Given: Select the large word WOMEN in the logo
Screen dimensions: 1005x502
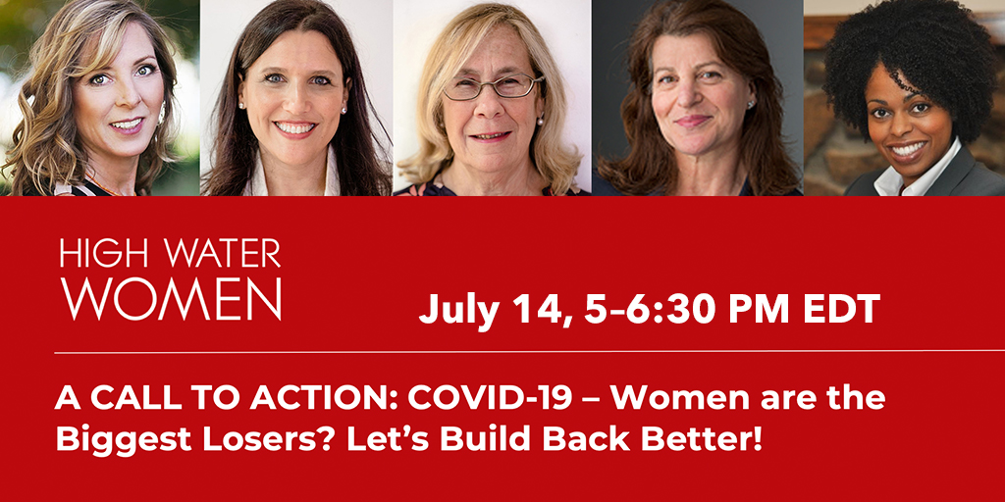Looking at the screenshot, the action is pyautogui.click(x=171, y=299).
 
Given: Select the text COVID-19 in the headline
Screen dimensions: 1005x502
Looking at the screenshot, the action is pyautogui.click(x=490, y=398).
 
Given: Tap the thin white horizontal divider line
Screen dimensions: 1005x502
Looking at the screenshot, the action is pyautogui.click(x=529, y=352).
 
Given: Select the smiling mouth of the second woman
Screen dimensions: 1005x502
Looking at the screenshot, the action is pyautogui.click(x=295, y=128).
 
